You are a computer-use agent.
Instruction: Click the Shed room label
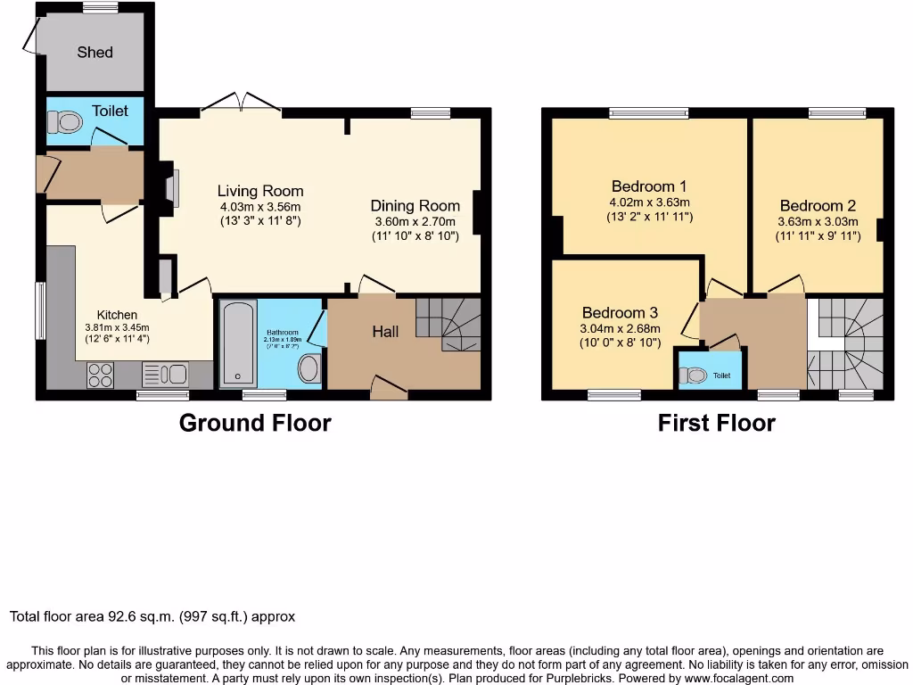[x=95, y=53]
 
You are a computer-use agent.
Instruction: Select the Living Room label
[x=260, y=191]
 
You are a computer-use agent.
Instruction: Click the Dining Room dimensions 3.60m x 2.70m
[x=415, y=222]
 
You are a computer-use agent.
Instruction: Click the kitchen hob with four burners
[x=101, y=375]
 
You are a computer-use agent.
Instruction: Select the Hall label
[x=385, y=332]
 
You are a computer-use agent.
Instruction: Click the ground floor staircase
[x=450, y=326]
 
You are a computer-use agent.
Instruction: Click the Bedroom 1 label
[x=648, y=186]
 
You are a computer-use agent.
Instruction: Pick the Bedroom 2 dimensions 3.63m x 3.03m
[x=818, y=222]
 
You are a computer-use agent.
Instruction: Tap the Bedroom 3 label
[x=620, y=313]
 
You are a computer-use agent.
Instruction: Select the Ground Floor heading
[x=255, y=423]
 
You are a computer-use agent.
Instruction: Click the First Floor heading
[x=716, y=423]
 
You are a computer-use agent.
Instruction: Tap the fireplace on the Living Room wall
[x=169, y=188]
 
